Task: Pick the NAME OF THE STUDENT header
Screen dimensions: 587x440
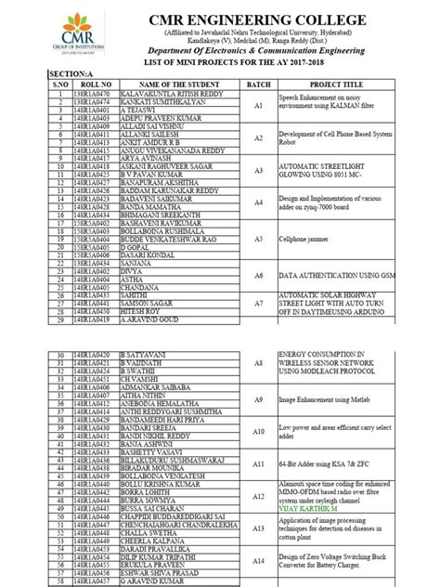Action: [x=174, y=83]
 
